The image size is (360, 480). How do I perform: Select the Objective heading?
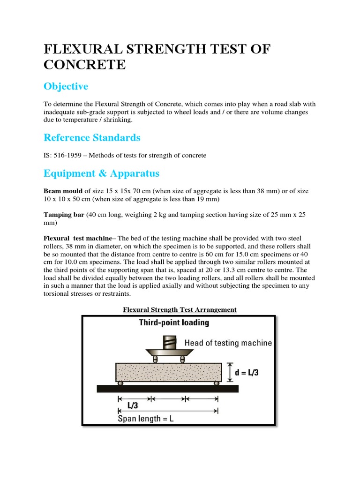coord(66,87)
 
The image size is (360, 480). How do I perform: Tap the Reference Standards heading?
coord(92,138)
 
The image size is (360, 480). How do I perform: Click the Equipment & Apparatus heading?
coord(101,173)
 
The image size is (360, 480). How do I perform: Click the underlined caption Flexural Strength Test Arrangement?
coord(180,309)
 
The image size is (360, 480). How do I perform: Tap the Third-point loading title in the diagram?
coord(174,322)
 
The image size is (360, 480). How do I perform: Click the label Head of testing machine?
coord(228,343)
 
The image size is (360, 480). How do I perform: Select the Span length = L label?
coord(146,419)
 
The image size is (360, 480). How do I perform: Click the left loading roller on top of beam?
coord(155,360)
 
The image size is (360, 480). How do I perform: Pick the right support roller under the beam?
coord(216,383)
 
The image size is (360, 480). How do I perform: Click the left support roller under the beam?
coord(120,383)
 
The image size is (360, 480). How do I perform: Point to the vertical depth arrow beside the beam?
coord(230,372)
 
